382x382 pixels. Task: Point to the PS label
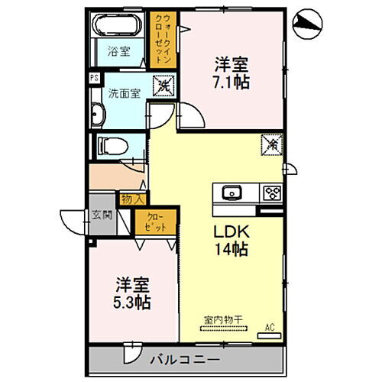point(94,77)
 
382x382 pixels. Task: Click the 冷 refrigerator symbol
point(270,142)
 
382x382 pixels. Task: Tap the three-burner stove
point(271,192)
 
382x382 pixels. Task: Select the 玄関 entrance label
point(103,215)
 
